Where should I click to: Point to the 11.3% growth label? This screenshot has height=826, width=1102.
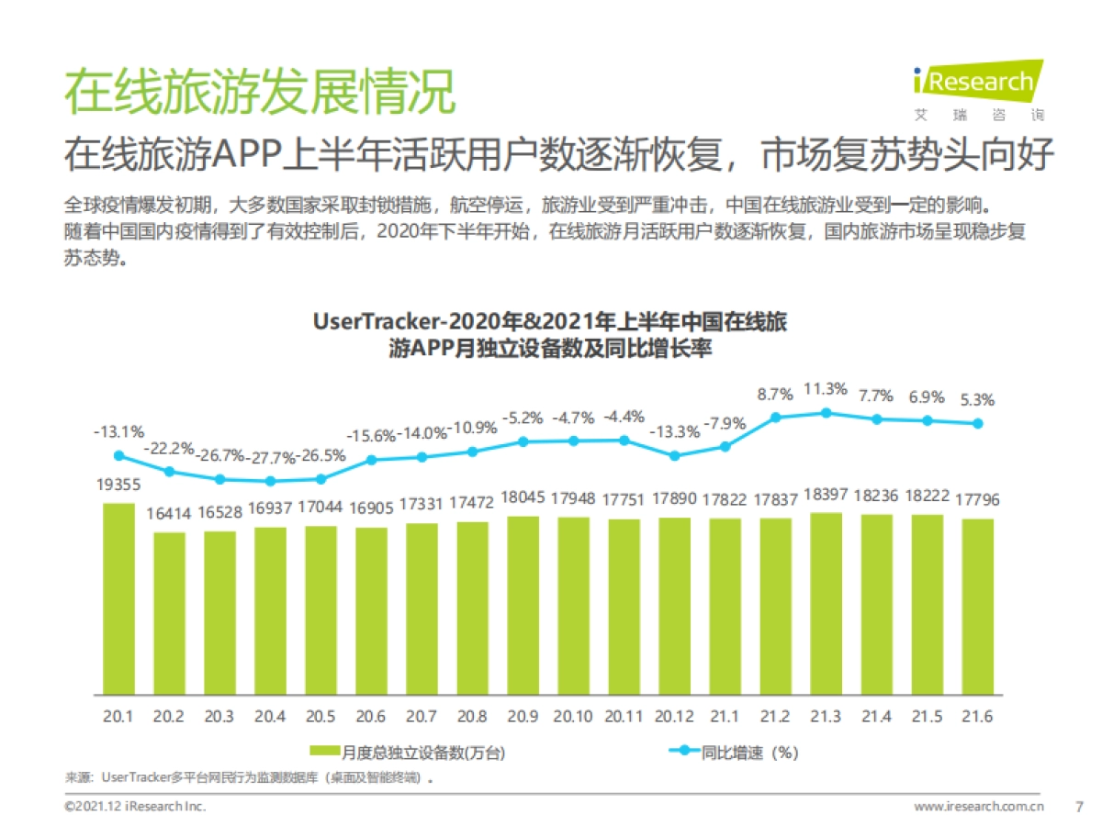tap(825, 388)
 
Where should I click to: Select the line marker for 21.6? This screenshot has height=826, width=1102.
tap(978, 423)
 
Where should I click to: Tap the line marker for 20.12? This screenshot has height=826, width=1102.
tap(674, 455)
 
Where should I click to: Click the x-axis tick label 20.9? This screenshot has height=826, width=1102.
tap(523, 717)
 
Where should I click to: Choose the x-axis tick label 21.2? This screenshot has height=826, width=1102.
tap(775, 717)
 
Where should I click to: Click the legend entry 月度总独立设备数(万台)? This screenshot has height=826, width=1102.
tap(408, 753)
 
